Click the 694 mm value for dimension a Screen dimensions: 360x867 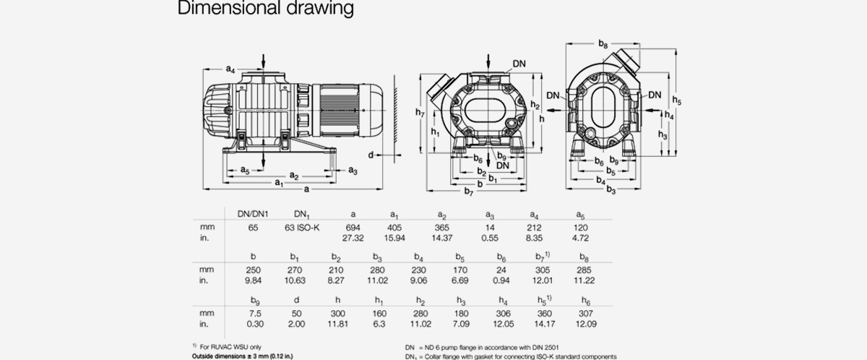[x=353, y=228]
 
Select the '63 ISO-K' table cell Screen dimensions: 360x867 [x=303, y=228]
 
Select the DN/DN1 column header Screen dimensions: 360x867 [x=254, y=214]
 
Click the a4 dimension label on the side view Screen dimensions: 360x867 [x=230, y=69]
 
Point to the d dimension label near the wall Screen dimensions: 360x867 [x=370, y=155]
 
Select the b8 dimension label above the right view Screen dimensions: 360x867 [x=603, y=46]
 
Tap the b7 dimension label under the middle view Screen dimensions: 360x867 [x=469, y=192]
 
